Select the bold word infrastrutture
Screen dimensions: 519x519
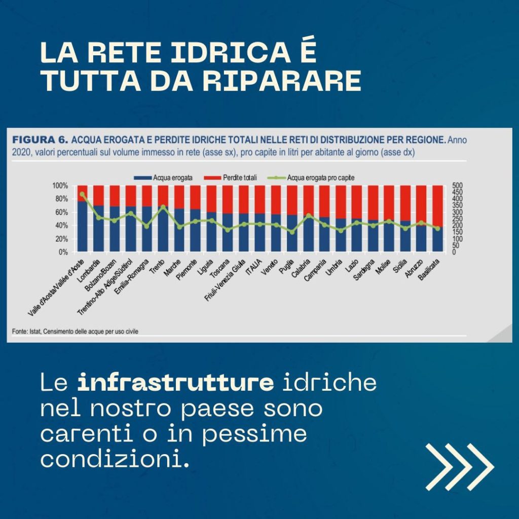175,383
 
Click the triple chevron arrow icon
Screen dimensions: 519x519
459,467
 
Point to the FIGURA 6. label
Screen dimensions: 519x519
41,139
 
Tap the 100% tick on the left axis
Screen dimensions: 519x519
59,186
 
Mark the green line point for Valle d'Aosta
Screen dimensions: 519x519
82,194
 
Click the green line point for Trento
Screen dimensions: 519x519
163,207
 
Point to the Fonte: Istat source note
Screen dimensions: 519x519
75,331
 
